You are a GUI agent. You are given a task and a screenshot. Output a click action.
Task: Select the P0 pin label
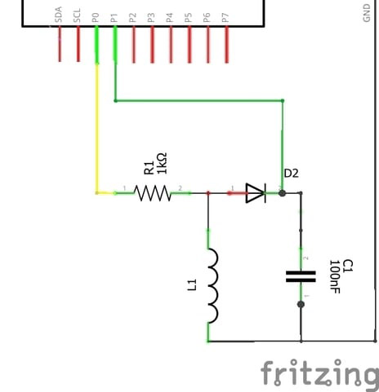(x=96, y=15)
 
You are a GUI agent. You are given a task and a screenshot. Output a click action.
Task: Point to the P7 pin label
(x=226, y=15)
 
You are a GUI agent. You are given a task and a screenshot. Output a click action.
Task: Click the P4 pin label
(x=171, y=15)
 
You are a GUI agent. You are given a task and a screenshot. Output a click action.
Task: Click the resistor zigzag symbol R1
(x=152, y=193)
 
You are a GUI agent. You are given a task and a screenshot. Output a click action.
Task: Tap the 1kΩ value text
(x=162, y=163)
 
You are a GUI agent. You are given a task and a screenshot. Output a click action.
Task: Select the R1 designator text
(x=149, y=168)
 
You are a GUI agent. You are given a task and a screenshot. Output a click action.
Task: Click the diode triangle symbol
(x=255, y=193)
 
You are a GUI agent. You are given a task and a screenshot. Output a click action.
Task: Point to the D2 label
(x=292, y=174)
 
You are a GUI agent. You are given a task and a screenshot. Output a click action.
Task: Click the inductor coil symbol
(x=212, y=285)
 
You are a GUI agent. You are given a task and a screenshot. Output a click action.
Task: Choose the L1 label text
(x=194, y=285)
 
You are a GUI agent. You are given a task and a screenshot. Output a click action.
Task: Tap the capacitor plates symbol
(x=301, y=276)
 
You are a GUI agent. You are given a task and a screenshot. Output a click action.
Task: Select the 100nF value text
(x=335, y=277)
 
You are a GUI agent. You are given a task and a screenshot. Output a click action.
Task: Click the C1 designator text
(x=347, y=266)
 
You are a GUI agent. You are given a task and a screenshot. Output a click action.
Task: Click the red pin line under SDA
(x=60, y=45)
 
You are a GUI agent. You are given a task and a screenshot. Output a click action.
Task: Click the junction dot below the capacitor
(x=301, y=305)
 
